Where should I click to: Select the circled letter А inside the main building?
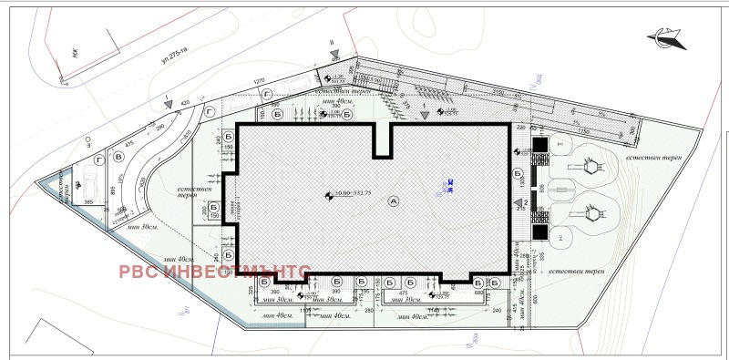click(393, 200)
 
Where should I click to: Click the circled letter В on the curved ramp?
click(118, 157)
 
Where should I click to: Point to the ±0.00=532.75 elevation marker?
click(340, 194)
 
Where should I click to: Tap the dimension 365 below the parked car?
click(89, 201)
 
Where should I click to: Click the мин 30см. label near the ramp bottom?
click(144, 225)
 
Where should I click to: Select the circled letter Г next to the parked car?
click(98, 157)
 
